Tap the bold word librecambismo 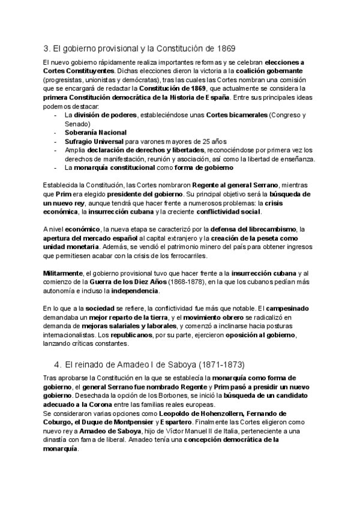click(x=271, y=229)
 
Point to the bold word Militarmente click(x=64, y=273)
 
